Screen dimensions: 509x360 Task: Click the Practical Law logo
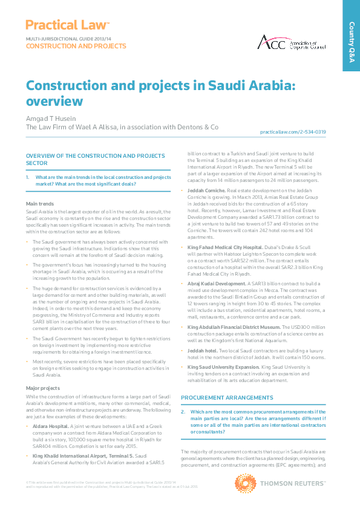click(x=67, y=25)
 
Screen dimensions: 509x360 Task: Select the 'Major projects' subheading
click(x=42, y=387)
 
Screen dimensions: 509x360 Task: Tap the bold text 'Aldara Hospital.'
click(x=51, y=426)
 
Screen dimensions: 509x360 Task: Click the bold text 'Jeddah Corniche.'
click(x=206, y=192)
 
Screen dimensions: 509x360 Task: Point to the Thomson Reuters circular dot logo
click(x=244, y=485)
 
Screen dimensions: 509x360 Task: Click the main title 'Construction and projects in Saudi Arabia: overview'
click(x=160, y=92)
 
